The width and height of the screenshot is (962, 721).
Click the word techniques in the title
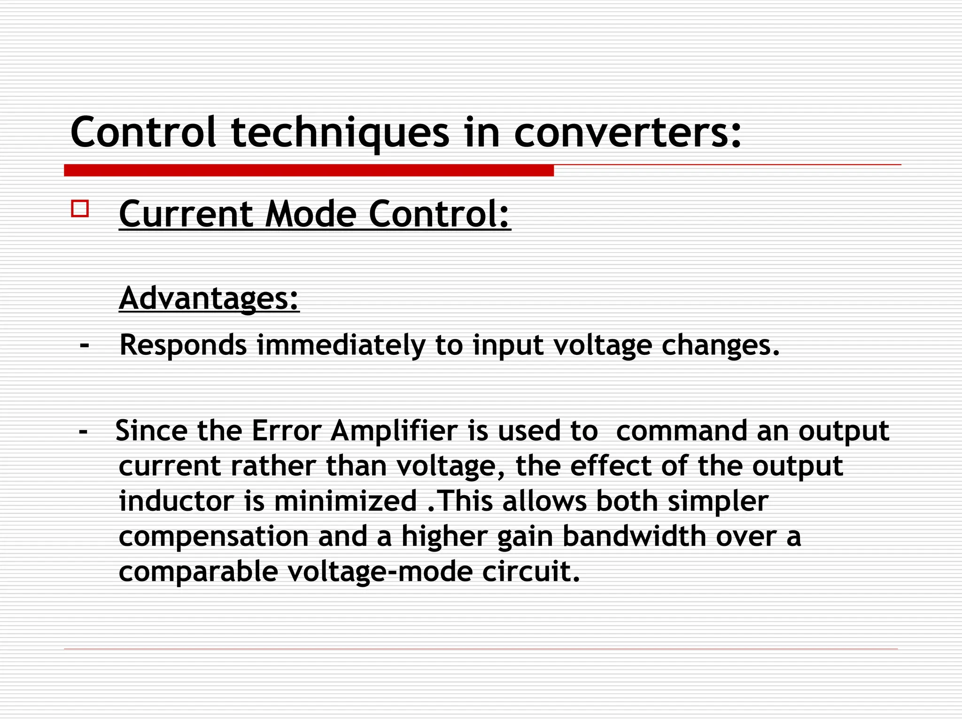pos(340,133)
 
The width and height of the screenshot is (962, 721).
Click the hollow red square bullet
pos(80,208)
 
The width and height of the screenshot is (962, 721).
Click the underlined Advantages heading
pos(209,299)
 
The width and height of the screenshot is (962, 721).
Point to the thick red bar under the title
pos(309,170)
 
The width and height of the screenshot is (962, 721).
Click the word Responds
pos(183,345)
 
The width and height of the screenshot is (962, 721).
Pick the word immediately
pos(341,345)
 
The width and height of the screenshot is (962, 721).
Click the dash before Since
pos(84,431)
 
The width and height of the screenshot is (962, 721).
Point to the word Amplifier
pos(394,431)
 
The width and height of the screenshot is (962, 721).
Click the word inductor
pos(176,501)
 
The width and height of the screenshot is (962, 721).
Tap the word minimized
pos(345,501)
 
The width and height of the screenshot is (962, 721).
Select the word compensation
pos(213,536)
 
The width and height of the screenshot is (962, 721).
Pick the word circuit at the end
pos(531,572)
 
